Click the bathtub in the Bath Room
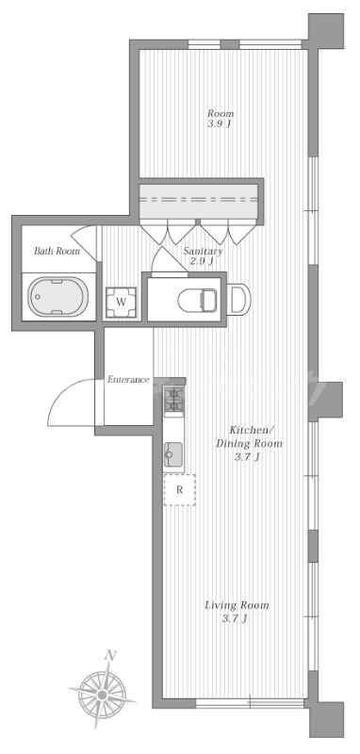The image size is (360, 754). point(58,296)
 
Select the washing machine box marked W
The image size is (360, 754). point(122,303)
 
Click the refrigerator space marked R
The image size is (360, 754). point(180,489)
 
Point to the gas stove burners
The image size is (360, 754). point(173,402)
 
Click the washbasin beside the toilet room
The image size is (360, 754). point(238,300)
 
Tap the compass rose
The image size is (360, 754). point(102,695)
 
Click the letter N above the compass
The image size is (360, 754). point(111,655)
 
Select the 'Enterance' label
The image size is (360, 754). point(128,380)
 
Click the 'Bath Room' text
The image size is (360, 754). point(57,251)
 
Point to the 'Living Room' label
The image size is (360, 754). point(237,605)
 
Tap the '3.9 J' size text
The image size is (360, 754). point(221,123)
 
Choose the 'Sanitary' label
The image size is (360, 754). point(204,251)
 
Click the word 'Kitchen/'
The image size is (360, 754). point(252,429)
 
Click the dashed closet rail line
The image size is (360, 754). point(199,199)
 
